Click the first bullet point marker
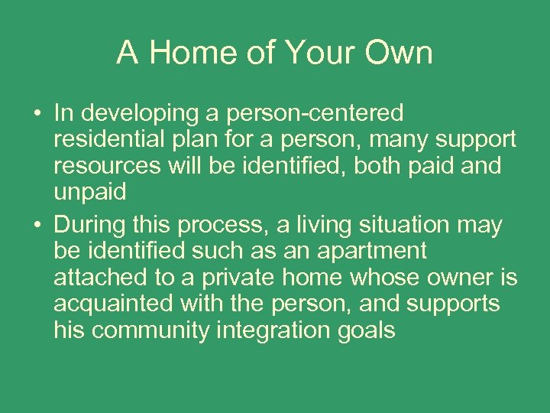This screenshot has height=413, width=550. tap(37, 115)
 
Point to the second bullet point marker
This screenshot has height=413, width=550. tap(37, 226)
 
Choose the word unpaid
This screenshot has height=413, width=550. tap(89, 192)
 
